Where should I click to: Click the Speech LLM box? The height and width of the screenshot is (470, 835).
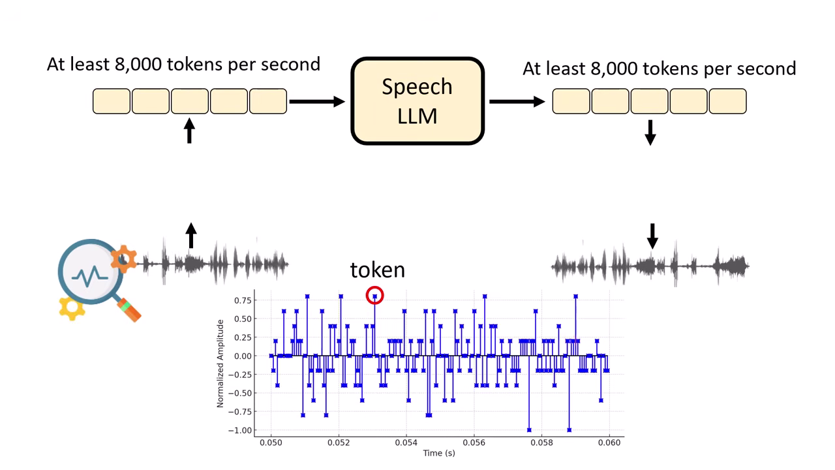(417, 101)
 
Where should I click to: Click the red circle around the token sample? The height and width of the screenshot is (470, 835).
(374, 296)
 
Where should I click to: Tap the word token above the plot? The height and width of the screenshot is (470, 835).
(377, 270)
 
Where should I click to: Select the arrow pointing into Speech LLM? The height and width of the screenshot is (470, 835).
(317, 101)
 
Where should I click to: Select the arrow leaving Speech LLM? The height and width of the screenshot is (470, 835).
(517, 101)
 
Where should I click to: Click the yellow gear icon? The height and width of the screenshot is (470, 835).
(71, 306)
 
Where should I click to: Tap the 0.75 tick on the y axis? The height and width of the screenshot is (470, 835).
(243, 300)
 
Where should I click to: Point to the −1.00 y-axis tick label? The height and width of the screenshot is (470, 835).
(241, 430)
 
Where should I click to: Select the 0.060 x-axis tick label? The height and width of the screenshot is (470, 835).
(609, 443)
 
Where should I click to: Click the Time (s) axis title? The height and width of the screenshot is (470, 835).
(439, 453)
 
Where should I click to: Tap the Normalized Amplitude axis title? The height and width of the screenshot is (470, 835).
(220, 363)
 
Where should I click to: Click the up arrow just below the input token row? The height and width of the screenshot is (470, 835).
(189, 131)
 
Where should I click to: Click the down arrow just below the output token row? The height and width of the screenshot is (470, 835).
(650, 132)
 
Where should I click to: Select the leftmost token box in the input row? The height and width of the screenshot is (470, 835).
(112, 101)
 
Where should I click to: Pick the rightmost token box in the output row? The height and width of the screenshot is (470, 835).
(727, 101)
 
